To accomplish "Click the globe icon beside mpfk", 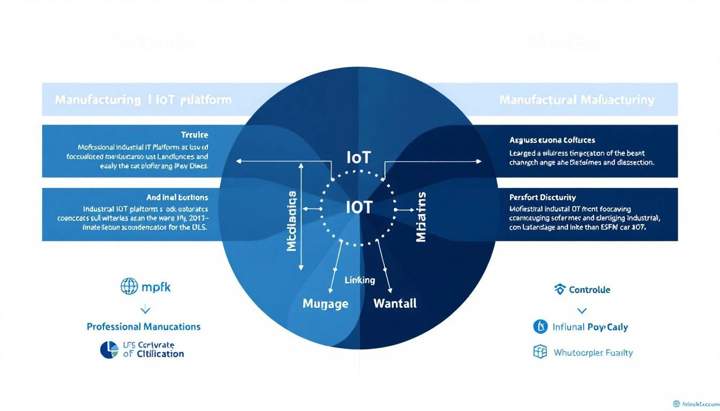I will (129, 287).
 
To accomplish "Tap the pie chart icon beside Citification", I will (109, 349).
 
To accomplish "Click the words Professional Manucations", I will (144, 326).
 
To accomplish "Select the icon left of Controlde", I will (560, 290).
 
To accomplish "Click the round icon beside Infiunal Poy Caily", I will (541, 326).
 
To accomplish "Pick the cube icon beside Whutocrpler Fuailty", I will (540, 352).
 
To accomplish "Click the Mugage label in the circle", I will (325, 304).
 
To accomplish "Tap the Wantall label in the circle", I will (394, 303).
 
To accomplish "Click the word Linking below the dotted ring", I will (359, 280).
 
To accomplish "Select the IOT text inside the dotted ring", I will (359, 207).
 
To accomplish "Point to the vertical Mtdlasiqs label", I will (292, 222).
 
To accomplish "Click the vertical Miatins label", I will (421, 216).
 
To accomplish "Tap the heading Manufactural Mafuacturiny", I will (576, 100).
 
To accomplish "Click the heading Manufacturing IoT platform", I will (143, 100).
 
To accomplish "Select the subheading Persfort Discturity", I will (543, 197).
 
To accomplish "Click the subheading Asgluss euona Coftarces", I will (552, 140).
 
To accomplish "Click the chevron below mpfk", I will (145, 309).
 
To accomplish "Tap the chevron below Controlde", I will (582, 310).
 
